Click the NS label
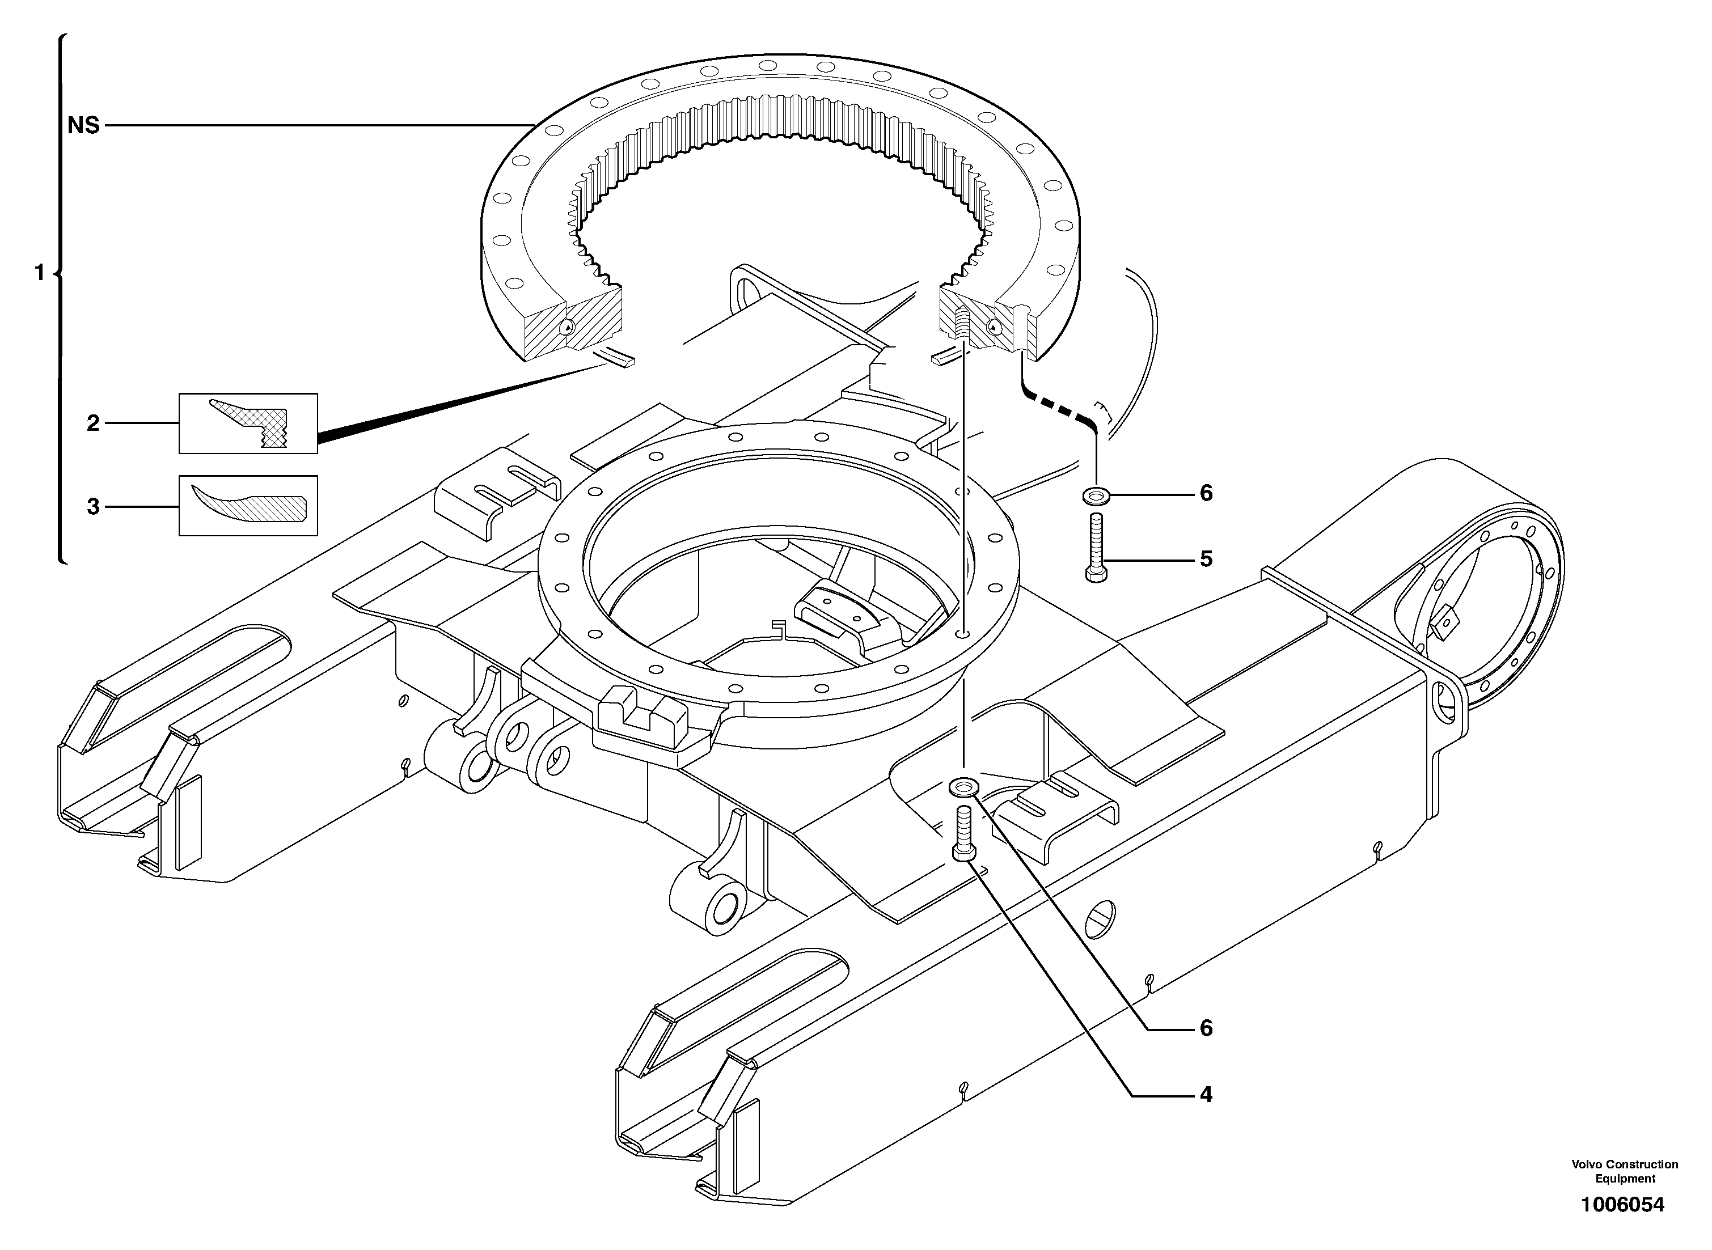tap(83, 126)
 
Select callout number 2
tap(93, 423)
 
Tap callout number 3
tap(93, 506)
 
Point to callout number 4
tap(1206, 1094)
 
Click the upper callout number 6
tap(1206, 493)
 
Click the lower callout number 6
tap(1206, 1028)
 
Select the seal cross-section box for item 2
tap(248, 423)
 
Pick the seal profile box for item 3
tap(248, 506)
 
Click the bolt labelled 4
tap(963, 834)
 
